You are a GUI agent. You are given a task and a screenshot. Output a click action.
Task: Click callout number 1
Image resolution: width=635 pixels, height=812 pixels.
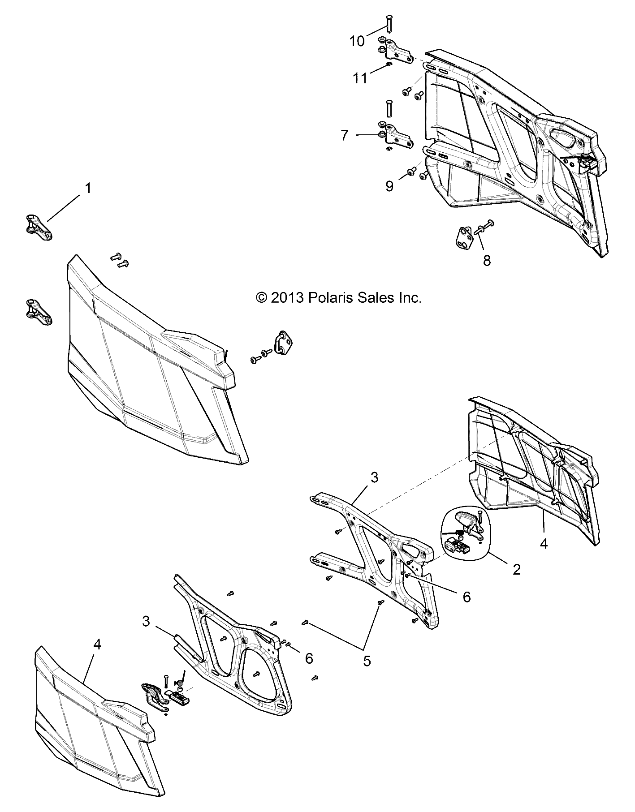coord(88,188)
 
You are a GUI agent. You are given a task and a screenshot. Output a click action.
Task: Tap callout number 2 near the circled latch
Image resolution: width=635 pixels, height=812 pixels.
coord(516,570)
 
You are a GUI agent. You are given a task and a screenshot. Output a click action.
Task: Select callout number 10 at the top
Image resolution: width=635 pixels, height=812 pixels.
coord(357,41)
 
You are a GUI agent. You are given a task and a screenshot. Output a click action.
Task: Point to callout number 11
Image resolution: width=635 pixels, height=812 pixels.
coord(360,78)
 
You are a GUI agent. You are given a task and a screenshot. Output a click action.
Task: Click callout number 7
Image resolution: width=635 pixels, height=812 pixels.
coord(344,135)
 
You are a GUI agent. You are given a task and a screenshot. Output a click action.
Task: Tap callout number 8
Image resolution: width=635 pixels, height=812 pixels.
coord(487,260)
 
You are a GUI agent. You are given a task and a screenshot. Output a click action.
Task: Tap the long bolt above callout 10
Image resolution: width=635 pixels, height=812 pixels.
coord(389,22)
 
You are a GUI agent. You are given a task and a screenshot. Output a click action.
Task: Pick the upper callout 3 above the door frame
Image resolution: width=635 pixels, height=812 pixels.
coord(374,477)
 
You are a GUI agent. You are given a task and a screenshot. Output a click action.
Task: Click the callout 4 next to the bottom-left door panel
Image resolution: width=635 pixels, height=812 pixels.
coord(97,644)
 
